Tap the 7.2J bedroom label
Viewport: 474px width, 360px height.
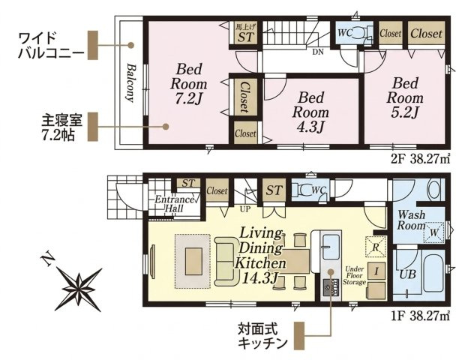pyautogui.click(x=188, y=84)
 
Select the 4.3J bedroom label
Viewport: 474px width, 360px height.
pyautogui.click(x=310, y=112)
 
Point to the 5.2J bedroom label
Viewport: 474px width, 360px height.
pyautogui.click(x=405, y=98)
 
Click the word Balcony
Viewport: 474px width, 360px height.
pyautogui.click(x=130, y=82)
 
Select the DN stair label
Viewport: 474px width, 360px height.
pyautogui.click(x=318, y=52)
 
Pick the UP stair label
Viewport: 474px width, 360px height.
pyautogui.click(x=244, y=209)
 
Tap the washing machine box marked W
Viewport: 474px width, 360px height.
pyautogui.click(x=433, y=232)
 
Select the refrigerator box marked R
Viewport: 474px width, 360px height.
pyautogui.click(x=376, y=247)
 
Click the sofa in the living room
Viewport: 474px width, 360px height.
pyautogui.click(x=225, y=262)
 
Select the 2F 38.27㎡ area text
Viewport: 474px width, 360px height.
pyautogui.click(x=421, y=159)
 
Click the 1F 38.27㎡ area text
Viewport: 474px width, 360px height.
pyautogui.click(x=421, y=316)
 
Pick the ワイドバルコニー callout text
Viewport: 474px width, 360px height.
pyautogui.click(x=52, y=45)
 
